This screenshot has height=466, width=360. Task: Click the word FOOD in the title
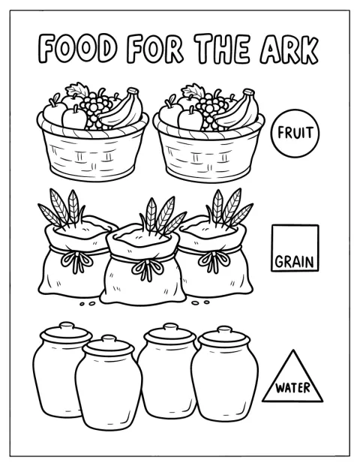pyautogui.click(x=77, y=49)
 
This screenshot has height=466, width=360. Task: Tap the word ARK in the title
pyautogui.click(x=289, y=50)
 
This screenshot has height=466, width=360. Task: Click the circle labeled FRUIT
pyautogui.click(x=295, y=133)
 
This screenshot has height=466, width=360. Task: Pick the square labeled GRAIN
pyautogui.click(x=295, y=248)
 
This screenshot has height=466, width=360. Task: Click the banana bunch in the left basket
pyautogui.click(x=120, y=110)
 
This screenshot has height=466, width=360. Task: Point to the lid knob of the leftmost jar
pyautogui.click(x=66, y=326)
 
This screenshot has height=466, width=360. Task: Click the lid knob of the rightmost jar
pyautogui.click(x=224, y=329)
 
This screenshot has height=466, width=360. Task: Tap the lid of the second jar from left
pyautogui.click(x=109, y=345)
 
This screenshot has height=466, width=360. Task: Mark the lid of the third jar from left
pyautogui.click(x=170, y=334)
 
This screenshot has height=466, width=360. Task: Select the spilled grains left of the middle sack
pyautogui.click(x=88, y=304)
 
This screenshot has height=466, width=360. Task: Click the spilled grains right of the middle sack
pyautogui.click(x=200, y=303)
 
